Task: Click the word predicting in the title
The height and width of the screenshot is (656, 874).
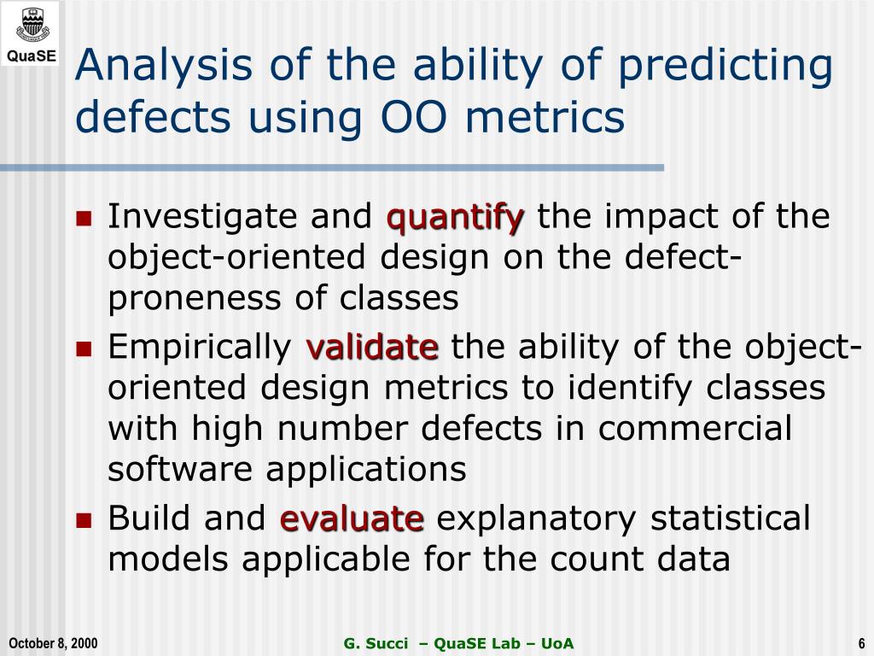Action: click(725, 67)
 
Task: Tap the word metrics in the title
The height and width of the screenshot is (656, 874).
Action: click(545, 117)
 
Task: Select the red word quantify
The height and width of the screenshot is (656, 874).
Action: click(456, 218)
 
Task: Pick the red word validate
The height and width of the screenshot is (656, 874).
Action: click(372, 347)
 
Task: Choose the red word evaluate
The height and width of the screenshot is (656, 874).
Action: click(352, 518)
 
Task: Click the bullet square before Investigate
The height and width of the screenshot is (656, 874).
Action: click(84, 218)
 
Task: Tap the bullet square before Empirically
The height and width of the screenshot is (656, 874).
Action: click(84, 348)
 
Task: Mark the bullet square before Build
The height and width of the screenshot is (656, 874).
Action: click(84, 520)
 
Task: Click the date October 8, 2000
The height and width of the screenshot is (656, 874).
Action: click(53, 643)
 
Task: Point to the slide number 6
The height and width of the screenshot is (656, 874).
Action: click(861, 643)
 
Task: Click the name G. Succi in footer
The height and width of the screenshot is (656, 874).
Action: click(376, 643)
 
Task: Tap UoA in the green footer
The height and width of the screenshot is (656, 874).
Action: click(557, 643)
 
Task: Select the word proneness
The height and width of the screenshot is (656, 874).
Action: click(195, 300)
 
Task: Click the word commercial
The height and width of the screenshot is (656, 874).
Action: click(695, 429)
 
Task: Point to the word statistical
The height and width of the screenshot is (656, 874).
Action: click(731, 518)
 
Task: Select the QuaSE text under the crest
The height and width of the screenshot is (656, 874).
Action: click(32, 56)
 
